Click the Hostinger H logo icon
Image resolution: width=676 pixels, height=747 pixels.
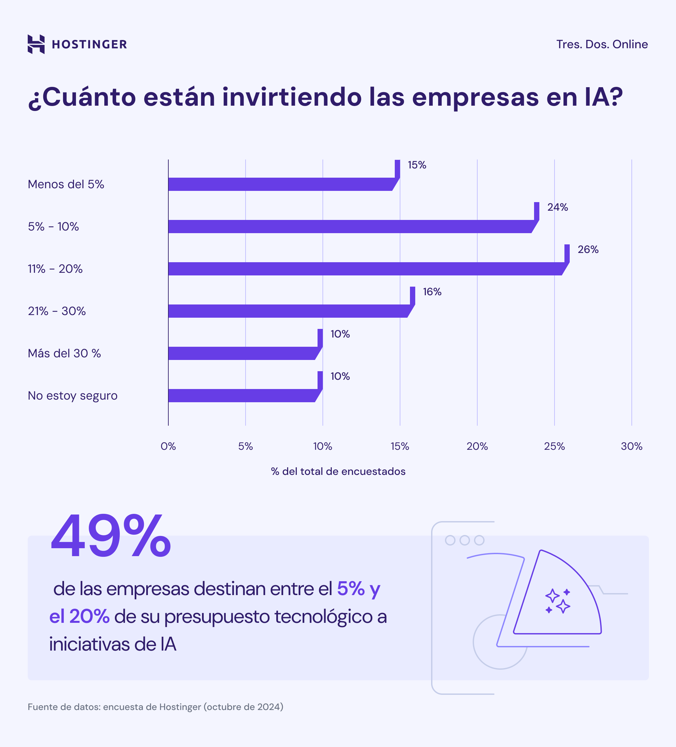pos(36,44)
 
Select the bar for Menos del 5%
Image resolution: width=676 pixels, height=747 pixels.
pos(282,184)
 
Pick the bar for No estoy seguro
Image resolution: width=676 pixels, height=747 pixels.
pos(243,395)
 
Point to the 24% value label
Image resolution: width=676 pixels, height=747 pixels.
pos(557,207)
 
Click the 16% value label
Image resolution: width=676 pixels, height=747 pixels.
pos(432,292)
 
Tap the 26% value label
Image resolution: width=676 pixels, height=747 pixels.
pos(588,249)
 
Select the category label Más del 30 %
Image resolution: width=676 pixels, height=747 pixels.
pos(64,353)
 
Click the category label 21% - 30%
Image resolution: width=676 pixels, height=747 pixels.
pos(57,311)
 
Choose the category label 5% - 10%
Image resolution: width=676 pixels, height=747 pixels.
pos(53,227)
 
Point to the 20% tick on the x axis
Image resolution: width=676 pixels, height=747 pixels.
pos(477,446)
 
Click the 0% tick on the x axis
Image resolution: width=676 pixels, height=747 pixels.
pos(168,446)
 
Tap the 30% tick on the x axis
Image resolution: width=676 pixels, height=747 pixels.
pos(631,446)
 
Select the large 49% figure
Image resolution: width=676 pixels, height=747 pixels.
pos(111,536)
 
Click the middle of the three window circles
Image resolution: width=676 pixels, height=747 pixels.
pos(464,540)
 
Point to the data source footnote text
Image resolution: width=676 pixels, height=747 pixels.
pos(155,707)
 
